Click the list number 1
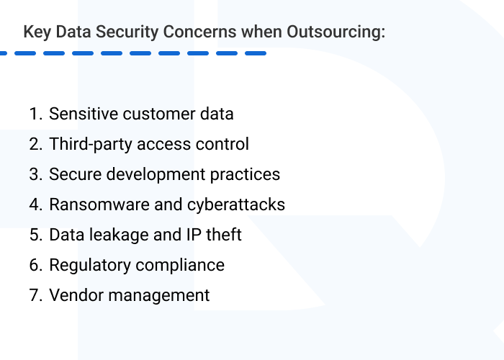35,114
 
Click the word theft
222,235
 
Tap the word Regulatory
84,265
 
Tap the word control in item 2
222,144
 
